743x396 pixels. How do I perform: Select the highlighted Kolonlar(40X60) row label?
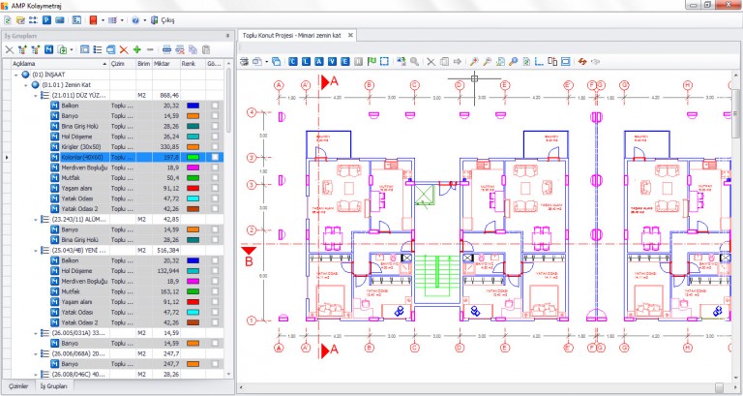coord(81,156)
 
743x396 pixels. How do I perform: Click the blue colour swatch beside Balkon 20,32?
coord(193,105)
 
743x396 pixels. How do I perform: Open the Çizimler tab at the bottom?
coord(17,386)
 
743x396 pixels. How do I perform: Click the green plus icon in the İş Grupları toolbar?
coord(137,48)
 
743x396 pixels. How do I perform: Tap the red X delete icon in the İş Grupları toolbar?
coord(123,48)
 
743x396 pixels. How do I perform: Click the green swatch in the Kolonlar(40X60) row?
coord(193,156)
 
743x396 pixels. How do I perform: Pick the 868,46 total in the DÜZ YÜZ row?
coord(168,95)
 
